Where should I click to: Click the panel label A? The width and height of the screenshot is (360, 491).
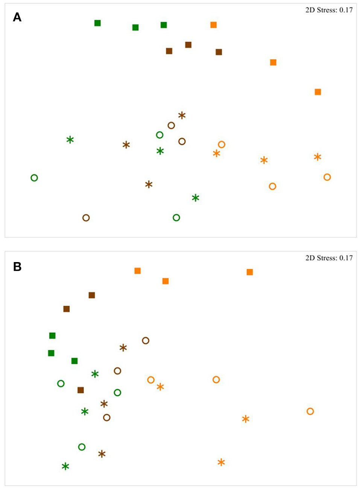tap(17, 17)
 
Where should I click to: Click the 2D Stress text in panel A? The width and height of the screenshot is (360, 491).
tap(329, 10)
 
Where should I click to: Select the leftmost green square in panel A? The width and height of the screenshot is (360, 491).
tap(97, 23)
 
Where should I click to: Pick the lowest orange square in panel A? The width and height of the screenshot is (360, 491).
tap(318, 92)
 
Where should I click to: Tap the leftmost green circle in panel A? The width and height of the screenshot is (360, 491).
tap(34, 178)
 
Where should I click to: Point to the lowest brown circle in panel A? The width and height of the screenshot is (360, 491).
tap(86, 218)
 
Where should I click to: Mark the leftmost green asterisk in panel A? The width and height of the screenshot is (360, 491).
tap(70, 140)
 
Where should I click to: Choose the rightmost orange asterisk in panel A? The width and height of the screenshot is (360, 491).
tap(317, 157)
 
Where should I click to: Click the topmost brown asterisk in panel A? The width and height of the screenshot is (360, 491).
tap(182, 115)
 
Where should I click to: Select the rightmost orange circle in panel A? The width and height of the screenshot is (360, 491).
tap(327, 177)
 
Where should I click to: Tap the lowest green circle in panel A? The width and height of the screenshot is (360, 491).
tap(176, 218)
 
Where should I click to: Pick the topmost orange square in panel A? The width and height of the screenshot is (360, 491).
tap(213, 25)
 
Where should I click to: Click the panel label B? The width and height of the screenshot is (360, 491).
tap(17, 267)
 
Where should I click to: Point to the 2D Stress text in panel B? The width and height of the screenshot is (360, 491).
tap(329, 258)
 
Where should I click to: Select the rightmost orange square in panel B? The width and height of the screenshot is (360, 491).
tap(250, 272)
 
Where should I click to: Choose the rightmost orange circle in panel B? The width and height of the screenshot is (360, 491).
tap(310, 412)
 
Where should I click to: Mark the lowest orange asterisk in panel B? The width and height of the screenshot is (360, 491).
tap(221, 462)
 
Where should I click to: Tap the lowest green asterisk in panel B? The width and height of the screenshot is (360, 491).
tap(65, 467)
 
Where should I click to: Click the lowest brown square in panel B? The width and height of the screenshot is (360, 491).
tap(81, 390)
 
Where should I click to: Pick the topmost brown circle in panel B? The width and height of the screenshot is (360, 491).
tap(146, 341)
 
